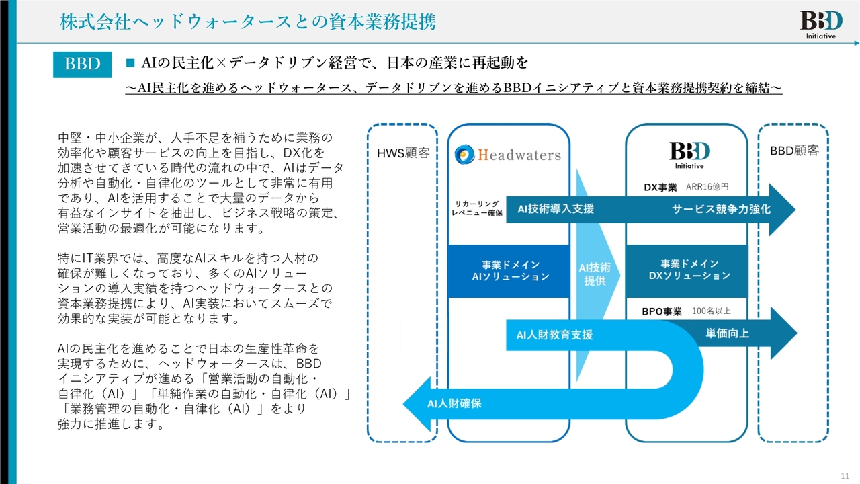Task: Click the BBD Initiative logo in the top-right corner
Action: point(818,24)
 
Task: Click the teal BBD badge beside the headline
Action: point(82,64)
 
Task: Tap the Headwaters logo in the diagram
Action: point(507,155)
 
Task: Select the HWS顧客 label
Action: point(402,152)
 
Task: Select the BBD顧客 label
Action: point(794,151)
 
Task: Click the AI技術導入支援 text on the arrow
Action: point(556,209)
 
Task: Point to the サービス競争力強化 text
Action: point(721,209)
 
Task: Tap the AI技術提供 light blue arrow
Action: point(595,275)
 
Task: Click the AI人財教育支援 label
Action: point(554,334)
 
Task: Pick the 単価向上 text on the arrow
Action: point(727,333)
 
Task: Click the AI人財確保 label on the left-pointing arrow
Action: point(454,403)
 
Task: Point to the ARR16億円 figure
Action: point(707,188)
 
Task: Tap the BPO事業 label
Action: point(662,311)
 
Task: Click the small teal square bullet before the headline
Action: point(131,63)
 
